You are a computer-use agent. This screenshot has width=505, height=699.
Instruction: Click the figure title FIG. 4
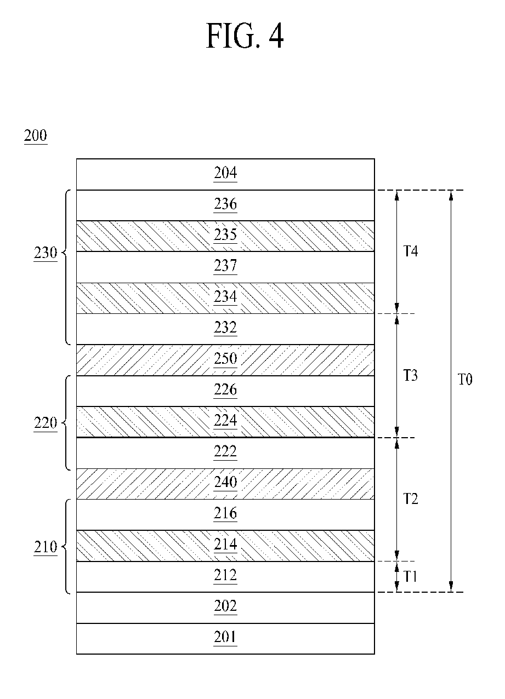click(x=245, y=36)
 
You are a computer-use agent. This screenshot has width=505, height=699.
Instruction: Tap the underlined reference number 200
click(x=36, y=136)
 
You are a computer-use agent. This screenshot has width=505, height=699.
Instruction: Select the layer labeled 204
click(x=225, y=174)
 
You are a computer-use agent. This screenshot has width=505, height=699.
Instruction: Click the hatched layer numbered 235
click(x=225, y=236)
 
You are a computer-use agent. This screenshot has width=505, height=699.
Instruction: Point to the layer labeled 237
click(x=225, y=267)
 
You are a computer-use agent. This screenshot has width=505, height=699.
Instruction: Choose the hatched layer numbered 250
click(x=225, y=360)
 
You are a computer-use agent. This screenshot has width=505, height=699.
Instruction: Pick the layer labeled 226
click(x=225, y=391)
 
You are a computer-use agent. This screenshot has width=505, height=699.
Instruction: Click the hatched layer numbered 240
click(x=225, y=484)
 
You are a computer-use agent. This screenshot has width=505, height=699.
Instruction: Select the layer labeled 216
click(x=225, y=514)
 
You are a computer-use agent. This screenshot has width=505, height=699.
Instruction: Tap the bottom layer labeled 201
click(x=225, y=638)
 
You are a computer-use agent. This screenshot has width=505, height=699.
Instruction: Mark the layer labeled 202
click(x=225, y=608)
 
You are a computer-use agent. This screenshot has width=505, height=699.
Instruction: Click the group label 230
click(x=46, y=253)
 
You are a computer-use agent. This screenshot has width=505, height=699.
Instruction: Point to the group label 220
click(x=46, y=423)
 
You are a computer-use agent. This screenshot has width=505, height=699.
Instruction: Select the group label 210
click(x=46, y=547)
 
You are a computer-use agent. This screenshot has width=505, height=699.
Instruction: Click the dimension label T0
click(x=465, y=380)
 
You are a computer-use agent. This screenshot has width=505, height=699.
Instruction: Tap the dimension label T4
click(x=410, y=251)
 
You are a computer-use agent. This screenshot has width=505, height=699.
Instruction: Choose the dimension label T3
click(x=410, y=375)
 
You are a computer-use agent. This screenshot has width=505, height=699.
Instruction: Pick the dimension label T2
click(x=410, y=499)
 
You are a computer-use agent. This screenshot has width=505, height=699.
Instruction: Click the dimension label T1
click(x=410, y=577)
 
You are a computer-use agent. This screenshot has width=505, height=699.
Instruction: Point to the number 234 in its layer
click(x=225, y=297)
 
